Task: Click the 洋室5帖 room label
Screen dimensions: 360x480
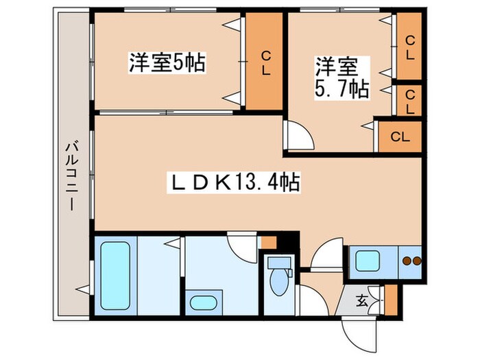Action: [x=168, y=63]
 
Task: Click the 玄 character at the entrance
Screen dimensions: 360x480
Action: [x=361, y=299]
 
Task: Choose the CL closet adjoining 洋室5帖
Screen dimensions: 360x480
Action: [x=265, y=62]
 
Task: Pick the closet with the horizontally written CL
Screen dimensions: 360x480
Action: [x=399, y=137]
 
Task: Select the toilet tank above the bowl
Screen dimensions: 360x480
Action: [x=278, y=262]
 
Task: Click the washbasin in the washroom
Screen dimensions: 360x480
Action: [x=202, y=302]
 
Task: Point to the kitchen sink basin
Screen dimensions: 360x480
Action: [x=369, y=261]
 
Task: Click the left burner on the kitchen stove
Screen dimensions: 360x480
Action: [x=405, y=261]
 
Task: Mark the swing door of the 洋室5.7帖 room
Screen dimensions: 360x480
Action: [x=298, y=135]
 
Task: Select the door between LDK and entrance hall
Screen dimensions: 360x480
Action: [x=326, y=254]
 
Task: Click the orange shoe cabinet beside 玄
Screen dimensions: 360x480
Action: [x=391, y=300]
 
